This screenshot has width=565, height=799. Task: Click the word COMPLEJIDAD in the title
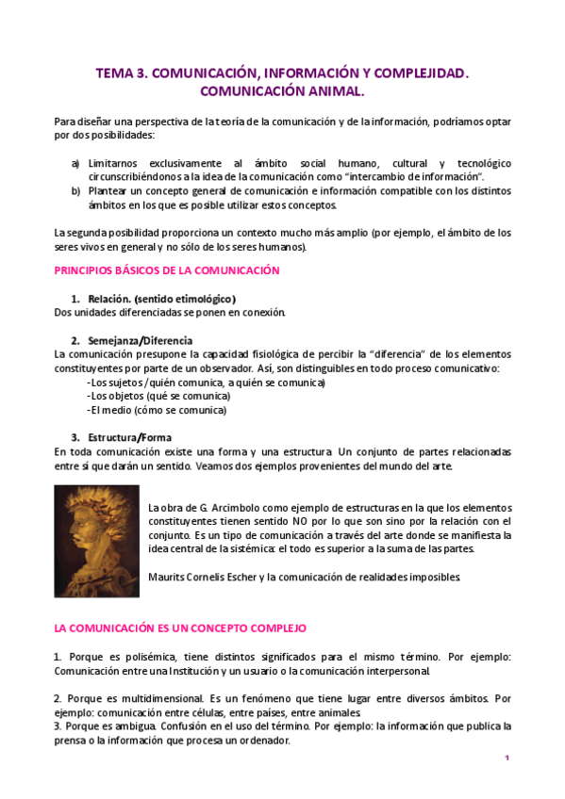pyautogui.click(x=413, y=72)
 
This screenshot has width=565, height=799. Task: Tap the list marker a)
pyautogui.click(x=75, y=163)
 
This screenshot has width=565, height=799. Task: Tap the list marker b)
pyautogui.click(x=75, y=191)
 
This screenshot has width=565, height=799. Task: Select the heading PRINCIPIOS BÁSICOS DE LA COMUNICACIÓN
pyautogui.click(x=167, y=270)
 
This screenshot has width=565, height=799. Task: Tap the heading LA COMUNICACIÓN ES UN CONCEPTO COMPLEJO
pyautogui.click(x=180, y=628)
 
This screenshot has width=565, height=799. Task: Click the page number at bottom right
pyautogui.click(x=507, y=759)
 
